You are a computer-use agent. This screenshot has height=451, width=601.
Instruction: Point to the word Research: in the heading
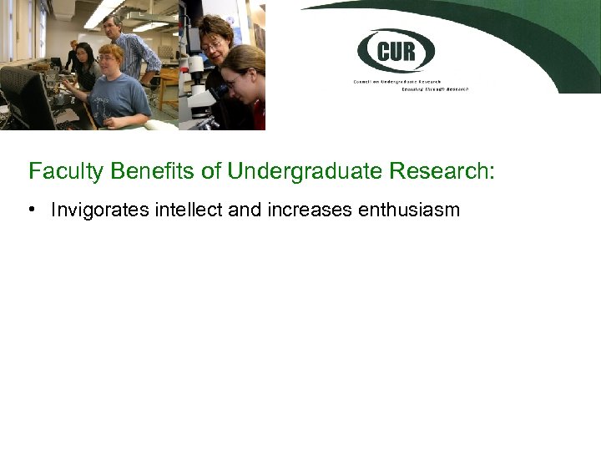(442, 172)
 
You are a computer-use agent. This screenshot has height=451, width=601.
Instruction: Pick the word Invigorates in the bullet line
(101, 210)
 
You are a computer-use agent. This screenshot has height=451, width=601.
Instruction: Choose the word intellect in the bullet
(189, 210)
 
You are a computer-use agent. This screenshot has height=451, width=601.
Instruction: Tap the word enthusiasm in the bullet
(409, 210)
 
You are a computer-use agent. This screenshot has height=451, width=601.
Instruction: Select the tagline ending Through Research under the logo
(435, 88)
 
